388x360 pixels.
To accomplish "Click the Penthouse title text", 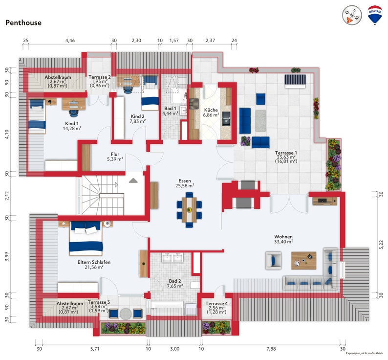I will point(23,22).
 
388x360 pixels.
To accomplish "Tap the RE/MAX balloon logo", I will point(375,16).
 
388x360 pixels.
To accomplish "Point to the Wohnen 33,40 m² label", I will point(283,238).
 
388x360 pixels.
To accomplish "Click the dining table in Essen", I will point(189,208).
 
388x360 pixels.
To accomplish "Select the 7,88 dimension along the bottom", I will point(271,349).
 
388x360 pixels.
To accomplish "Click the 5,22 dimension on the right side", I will point(381,243).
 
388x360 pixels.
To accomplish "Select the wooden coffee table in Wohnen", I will point(303,260).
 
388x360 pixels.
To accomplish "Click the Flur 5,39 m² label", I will point(115,156).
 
